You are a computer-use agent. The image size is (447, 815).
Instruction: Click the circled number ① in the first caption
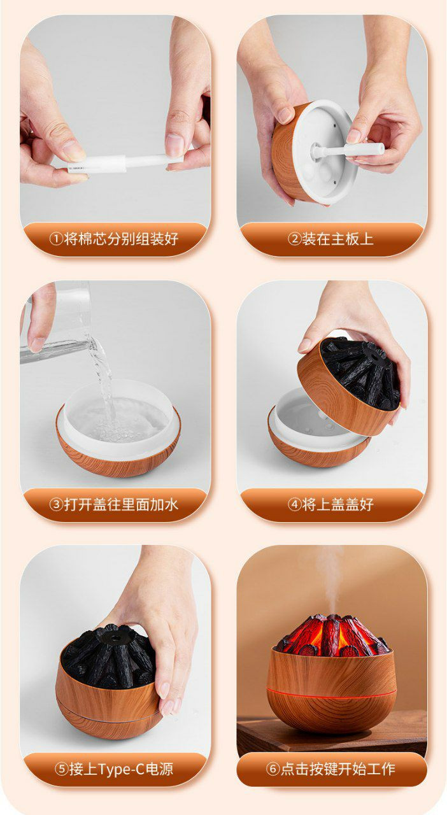pyautogui.click(x=56, y=239)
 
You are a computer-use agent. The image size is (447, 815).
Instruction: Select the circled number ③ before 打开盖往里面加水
pyautogui.click(x=56, y=504)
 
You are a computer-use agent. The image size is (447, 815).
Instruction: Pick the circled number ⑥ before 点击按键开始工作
pyautogui.click(x=273, y=769)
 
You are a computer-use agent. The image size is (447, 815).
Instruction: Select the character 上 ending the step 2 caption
pyautogui.click(x=366, y=239)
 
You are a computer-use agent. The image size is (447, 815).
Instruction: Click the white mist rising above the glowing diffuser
pyautogui.click(x=329, y=579)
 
